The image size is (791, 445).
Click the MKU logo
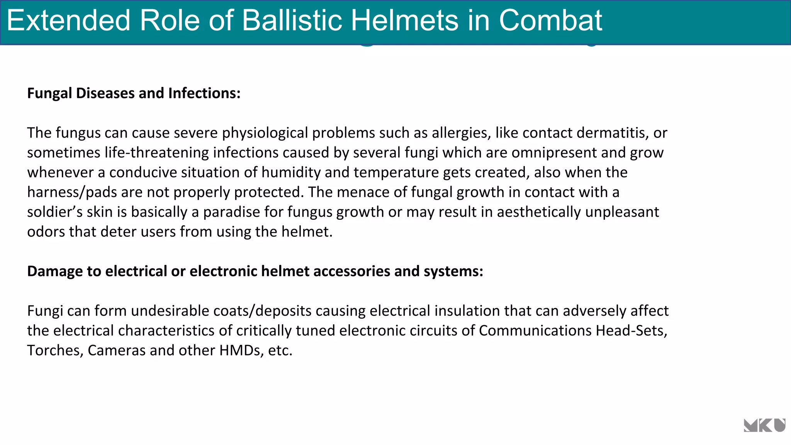[764, 425]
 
